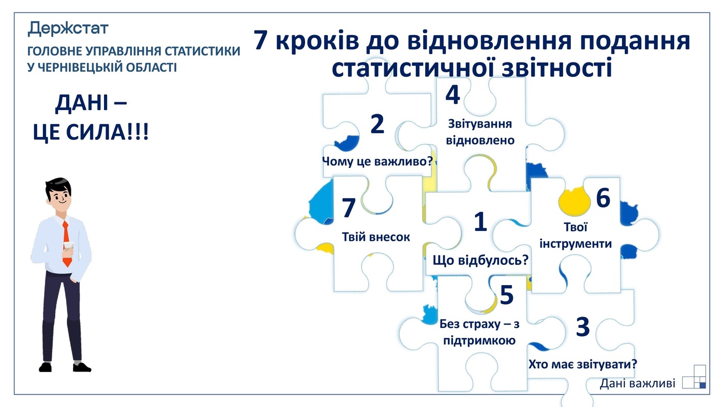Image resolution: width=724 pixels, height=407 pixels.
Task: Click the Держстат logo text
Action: (x=68, y=28)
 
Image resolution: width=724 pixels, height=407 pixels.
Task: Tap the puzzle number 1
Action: (x=480, y=222)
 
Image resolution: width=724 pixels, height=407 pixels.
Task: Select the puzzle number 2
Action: (x=378, y=124)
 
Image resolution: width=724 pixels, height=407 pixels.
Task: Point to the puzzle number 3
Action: (x=582, y=326)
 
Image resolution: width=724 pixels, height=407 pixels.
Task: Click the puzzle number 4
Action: (x=452, y=95)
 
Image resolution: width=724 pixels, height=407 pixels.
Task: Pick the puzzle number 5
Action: (x=506, y=295)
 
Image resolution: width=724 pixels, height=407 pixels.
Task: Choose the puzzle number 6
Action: (x=603, y=198)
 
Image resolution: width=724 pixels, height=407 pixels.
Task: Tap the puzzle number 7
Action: (x=349, y=209)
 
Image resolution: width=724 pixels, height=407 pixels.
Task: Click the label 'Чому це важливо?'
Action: (x=377, y=160)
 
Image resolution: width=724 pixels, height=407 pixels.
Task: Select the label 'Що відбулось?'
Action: (x=480, y=260)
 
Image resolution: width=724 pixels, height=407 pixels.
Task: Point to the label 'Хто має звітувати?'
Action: (x=582, y=364)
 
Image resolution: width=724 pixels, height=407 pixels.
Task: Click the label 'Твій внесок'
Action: (x=376, y=237)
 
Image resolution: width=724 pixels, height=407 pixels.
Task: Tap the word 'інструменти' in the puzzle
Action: (x=576, y=243)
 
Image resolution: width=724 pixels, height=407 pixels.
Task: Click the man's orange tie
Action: (x=66, y=243)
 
